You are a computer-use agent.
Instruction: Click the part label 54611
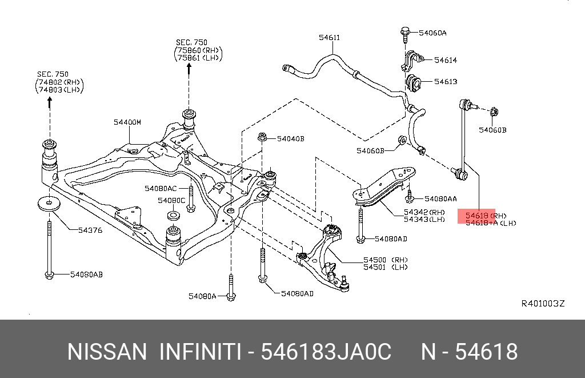329,38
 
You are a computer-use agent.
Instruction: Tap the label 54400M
127,122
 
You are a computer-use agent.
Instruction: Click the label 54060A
432,33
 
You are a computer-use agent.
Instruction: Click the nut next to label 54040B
262,137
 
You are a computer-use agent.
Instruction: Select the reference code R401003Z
543,303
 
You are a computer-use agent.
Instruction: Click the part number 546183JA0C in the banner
326,352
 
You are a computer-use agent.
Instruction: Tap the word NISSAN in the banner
107,352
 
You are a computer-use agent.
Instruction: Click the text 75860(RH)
198,50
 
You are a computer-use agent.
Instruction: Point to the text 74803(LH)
60,90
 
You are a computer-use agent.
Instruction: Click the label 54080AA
440,199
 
